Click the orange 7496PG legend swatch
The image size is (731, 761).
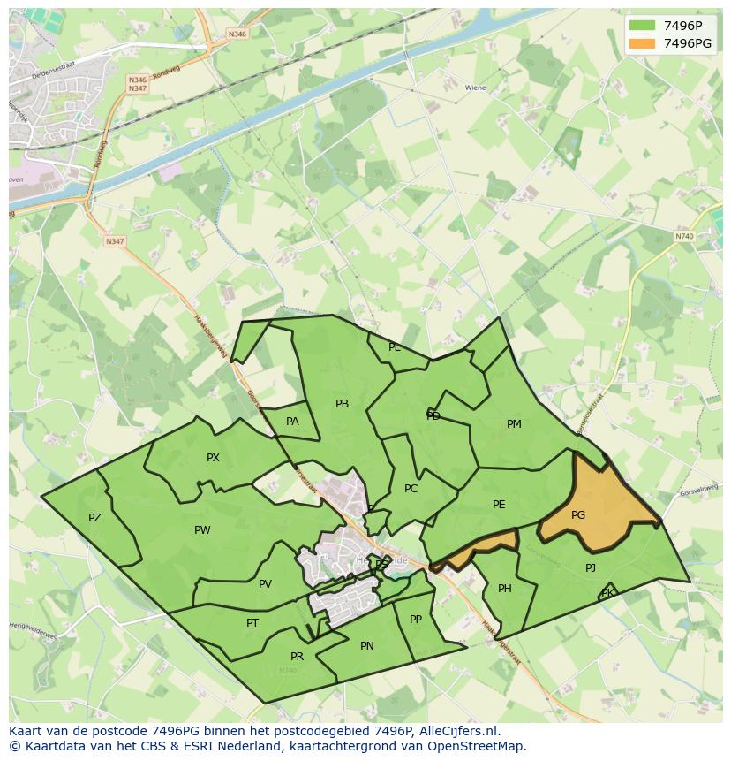[x=642, y=43]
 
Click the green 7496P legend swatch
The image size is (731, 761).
[x=642, y=26]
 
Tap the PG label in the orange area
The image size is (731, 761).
[x=578, y=515]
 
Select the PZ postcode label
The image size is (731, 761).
[x=94, y=518]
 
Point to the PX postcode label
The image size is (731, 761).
[x=213, y=458]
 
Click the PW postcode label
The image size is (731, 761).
[x=202, y=530]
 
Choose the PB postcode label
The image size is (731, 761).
[x=342, y=404]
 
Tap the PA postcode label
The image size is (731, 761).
[x=292, y=422]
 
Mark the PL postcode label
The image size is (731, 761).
[x=394, y=347]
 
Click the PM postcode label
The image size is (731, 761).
[x=514, y=424]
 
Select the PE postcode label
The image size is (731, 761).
[x=499, y=505]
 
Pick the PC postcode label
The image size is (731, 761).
[x=411, y=489]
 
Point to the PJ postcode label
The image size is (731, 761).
[x=591, y=568]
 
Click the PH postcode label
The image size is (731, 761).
[x=505, y=589]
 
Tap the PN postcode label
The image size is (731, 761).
[x=367, y=646]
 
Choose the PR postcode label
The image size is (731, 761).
[x=297, y=657]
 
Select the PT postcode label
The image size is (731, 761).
[x=252, y=623]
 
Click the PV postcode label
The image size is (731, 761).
[x=265, y=584]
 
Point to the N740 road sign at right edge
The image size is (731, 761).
[x=684, y=236]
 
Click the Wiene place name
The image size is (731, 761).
[x=475, y=88]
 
